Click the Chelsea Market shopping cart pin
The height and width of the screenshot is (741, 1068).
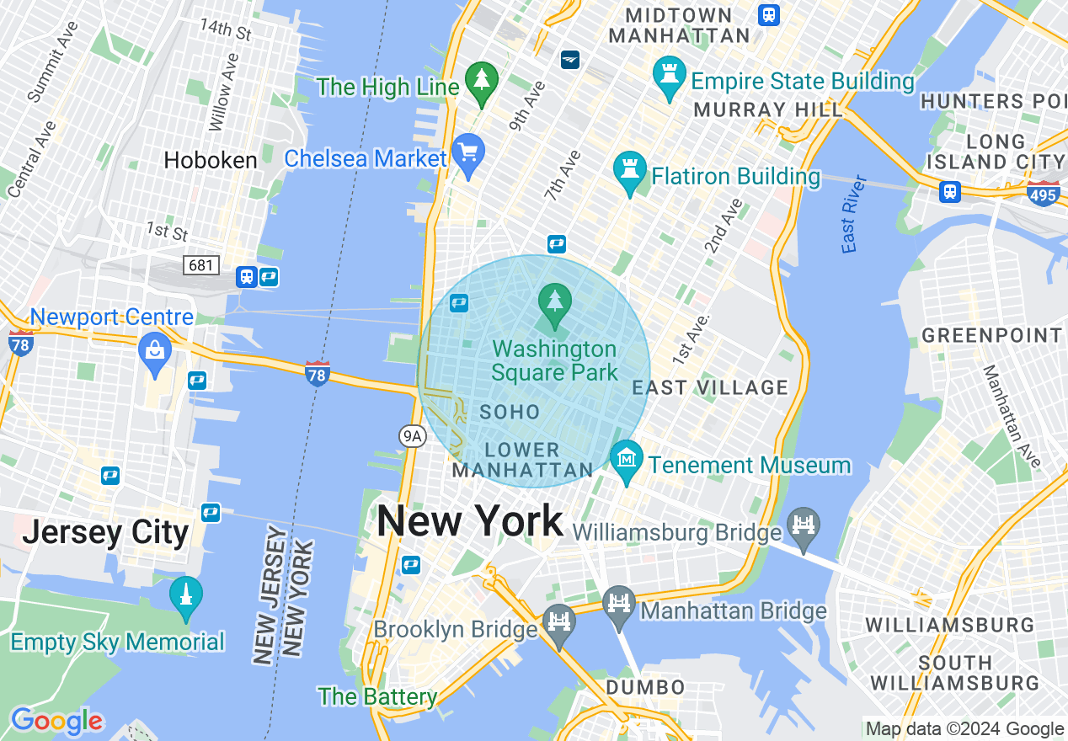(467, 154)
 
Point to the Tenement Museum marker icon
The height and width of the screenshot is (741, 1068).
(627, 461)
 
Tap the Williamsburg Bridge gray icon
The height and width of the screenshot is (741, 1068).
(804, 528)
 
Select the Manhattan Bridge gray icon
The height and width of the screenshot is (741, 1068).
(619, 605)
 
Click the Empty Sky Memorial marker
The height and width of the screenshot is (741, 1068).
(185, 597)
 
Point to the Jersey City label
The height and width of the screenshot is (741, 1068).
(105, 533)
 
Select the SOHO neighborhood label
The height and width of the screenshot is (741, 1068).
(510, 412)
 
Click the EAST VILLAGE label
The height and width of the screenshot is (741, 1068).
(710, 388)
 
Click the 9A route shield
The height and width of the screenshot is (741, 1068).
(413, 435)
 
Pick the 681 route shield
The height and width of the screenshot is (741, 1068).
(201, 265)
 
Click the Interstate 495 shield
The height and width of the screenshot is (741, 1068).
(1043, 195)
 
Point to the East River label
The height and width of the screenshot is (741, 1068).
(853, 214)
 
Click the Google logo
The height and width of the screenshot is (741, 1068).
(56, 722)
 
